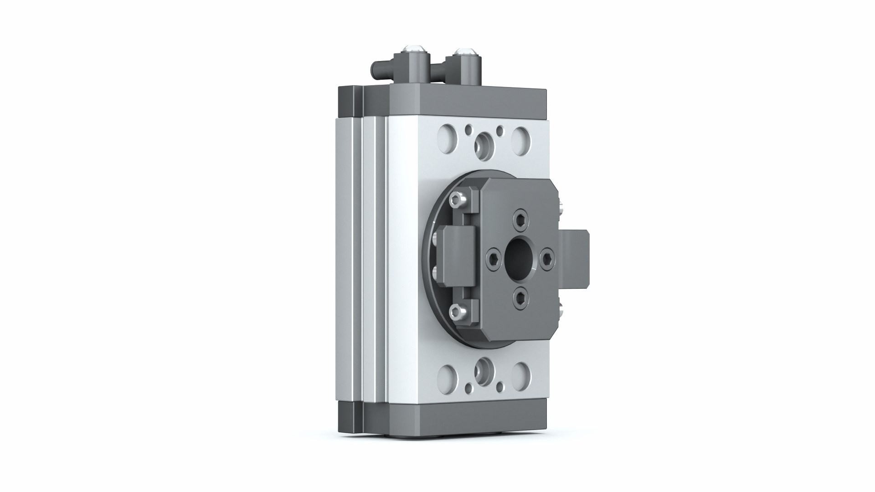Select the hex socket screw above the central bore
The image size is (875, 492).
coord(520,217)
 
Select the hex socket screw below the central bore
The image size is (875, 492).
coord(520,297)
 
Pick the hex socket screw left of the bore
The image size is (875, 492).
coord(494,256)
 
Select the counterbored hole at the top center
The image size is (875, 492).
coord(483,143)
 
